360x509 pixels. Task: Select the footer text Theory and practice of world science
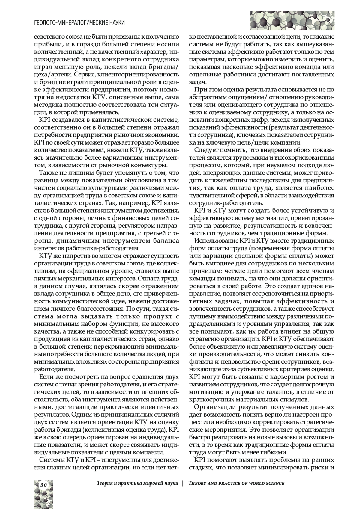[x=236, y=483]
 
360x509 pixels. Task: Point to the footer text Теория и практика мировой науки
[x=138, y=483]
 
